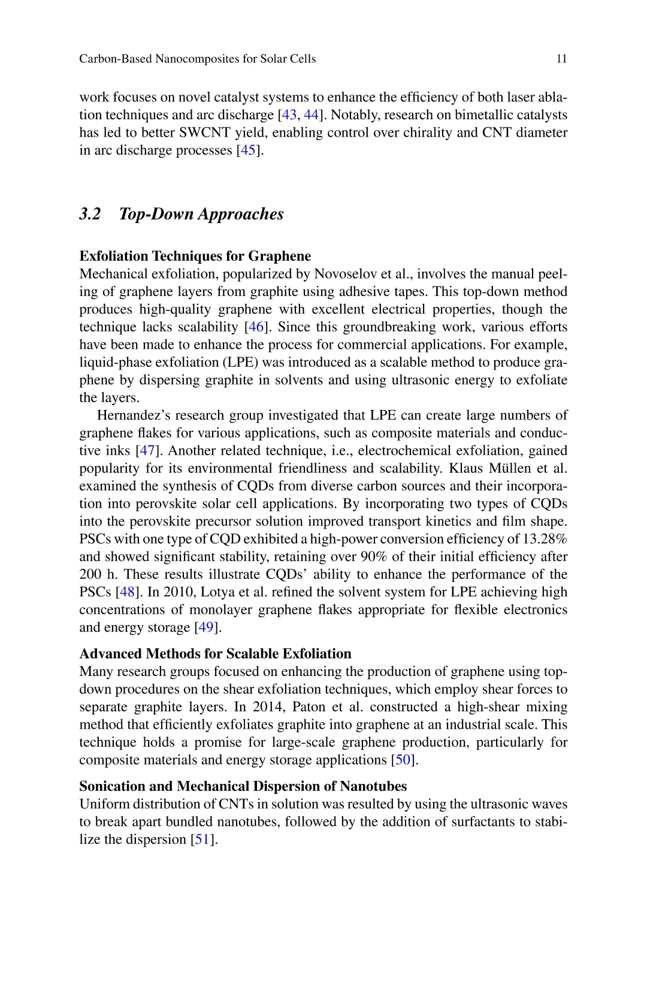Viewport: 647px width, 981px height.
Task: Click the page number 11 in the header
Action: coord(561,59)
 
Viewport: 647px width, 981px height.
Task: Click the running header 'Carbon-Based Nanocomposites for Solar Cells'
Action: coord(197,59)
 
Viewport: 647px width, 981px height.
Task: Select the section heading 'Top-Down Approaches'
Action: coord(201,214)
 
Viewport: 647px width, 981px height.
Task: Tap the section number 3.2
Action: coord(90,214)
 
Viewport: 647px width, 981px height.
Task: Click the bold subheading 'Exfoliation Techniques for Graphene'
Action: coord(195,256)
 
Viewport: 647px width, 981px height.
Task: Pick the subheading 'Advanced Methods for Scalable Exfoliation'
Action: coord(215,653)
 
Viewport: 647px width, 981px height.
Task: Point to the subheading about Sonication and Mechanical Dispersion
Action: coord(243,786)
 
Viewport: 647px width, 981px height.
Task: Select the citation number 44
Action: coord(311,114)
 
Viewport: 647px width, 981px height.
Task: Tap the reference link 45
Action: coord(248,150)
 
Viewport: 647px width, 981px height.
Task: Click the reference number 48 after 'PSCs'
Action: coord(127,591)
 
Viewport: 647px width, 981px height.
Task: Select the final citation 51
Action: coord(202,839)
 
